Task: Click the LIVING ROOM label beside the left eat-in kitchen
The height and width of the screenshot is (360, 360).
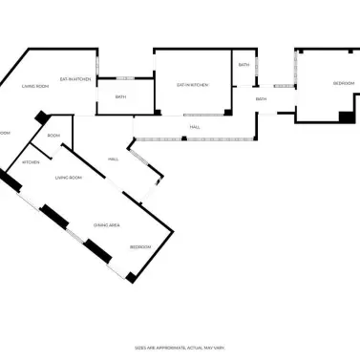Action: (x=36, y=87)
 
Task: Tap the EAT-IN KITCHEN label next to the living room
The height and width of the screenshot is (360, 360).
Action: (x=75, y=79)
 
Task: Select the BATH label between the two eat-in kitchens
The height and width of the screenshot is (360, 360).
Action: (x=121, y=96)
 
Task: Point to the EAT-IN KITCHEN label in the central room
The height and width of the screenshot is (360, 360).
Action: (x=191, y=85)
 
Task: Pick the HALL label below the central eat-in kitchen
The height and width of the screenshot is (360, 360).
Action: (x=195, y=126)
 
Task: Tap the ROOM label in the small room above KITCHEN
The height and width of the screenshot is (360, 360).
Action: (x=53, y=136)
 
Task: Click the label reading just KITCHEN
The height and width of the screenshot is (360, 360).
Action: (x=31, y=162)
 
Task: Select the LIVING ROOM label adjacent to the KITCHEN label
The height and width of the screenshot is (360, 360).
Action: (x=68, y=178)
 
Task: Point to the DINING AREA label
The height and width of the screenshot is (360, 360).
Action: (x=106, y=225)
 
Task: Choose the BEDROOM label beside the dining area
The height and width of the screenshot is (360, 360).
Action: (x=140, y=246)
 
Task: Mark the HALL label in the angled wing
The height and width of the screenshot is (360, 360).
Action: (x=114, y=159)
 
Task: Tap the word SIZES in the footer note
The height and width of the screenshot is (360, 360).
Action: (x=141, y=348)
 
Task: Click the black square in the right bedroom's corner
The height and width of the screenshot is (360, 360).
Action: (x=346, y=116)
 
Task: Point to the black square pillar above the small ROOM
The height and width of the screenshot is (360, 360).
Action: (x=41, y=116)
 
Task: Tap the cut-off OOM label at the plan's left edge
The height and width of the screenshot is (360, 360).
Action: (x=4, y=133)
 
